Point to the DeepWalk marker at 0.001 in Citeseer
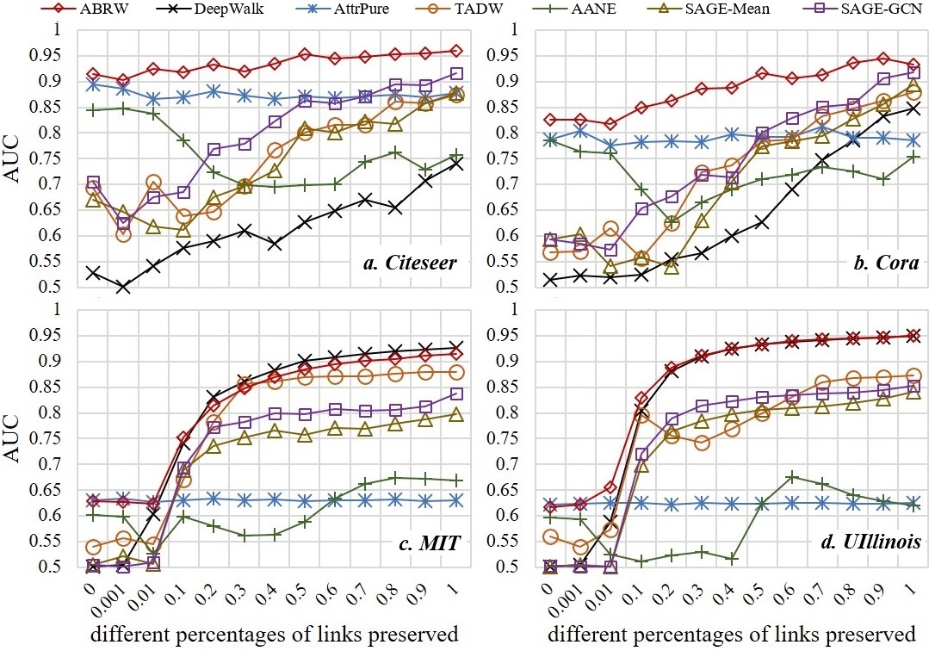point(125,287)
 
